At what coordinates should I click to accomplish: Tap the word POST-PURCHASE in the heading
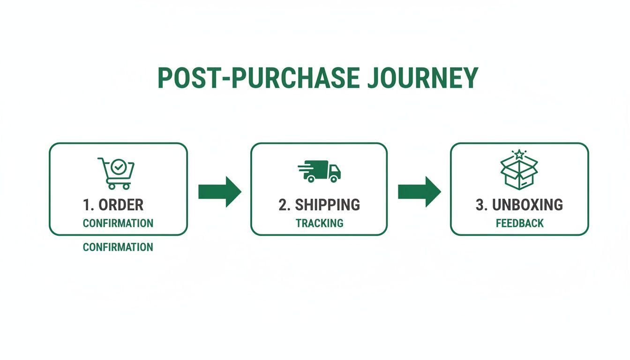click(x=258, y=78)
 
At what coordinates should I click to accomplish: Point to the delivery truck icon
click(x=320, y=171)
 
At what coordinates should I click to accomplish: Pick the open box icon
click(x=519, y=171)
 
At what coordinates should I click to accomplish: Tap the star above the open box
click(x=519, y=154)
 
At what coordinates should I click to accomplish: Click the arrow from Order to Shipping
click(x=219, y=192)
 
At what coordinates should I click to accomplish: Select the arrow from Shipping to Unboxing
click(x=419, y=192)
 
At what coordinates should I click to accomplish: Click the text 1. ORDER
click(x=113, y=205)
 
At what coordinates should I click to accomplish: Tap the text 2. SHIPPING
click(x=319, y=205)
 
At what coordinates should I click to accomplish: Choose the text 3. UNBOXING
click(x=519, y=205)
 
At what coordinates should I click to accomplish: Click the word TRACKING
click(x=320, y=223)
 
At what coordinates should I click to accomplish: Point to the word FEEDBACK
click(x=520, y=223)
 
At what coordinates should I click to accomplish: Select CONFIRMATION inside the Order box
click(x=118, y=223)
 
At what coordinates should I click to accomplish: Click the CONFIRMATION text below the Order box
click(x=118, y=247)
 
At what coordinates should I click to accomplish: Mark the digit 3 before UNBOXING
click(x=479, y=205)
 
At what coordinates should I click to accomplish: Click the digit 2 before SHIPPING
click(x=282, y=205)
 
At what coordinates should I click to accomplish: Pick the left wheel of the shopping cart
click(x=112, y=186)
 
